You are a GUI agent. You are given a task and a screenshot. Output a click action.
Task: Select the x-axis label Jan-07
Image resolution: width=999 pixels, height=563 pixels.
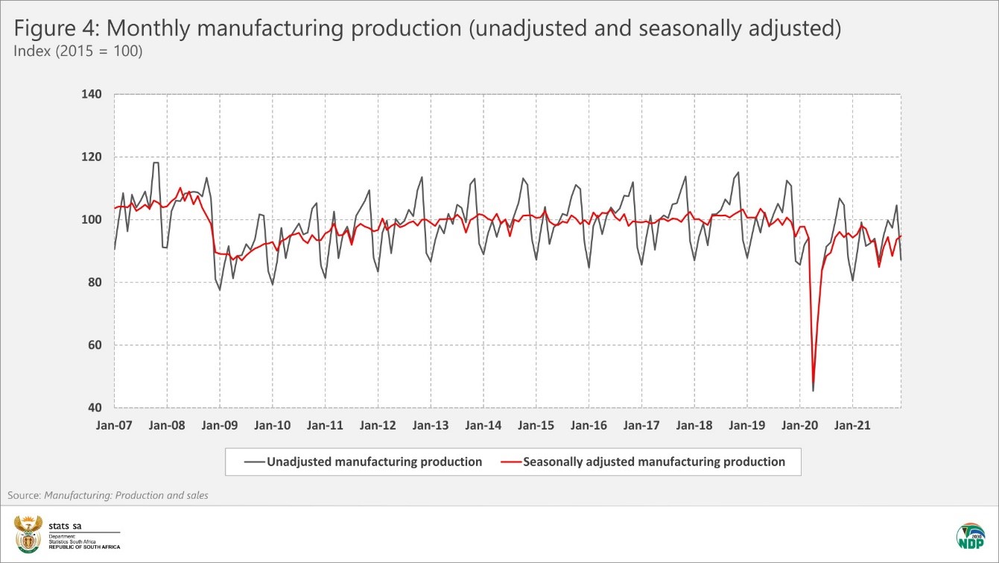[114, 426]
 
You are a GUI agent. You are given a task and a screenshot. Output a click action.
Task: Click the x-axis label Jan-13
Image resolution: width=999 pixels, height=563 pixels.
[431, 426]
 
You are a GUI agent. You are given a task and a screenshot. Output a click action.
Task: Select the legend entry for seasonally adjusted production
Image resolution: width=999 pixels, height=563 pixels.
[653, 462]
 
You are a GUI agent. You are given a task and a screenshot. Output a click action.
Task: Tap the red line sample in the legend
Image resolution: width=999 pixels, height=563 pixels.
[510, 462]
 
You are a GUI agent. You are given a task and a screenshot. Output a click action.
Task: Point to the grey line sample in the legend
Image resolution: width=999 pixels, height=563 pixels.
[253, 462]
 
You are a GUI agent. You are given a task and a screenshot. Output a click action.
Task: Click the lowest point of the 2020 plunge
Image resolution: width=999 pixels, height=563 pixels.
[813, 390]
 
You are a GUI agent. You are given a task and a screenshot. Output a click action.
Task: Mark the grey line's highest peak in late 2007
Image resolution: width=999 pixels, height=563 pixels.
[156, 163]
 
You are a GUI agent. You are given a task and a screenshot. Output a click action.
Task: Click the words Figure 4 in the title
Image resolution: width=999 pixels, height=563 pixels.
[56, 29]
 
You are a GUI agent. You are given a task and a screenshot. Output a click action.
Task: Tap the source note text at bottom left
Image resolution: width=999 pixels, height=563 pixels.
[108, 495]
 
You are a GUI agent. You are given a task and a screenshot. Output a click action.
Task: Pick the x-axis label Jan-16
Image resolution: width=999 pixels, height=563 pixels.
[589, 426]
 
